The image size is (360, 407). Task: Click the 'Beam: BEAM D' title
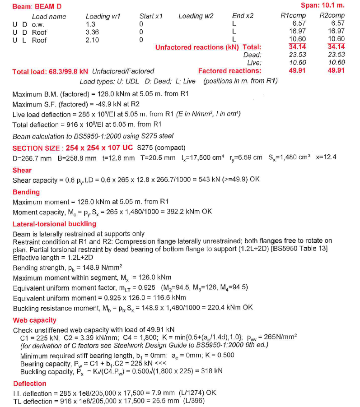point(37,6)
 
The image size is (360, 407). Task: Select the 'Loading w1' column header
point(103,16)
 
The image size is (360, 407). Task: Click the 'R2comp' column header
point(332,15)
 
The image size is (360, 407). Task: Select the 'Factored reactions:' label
point(229,71)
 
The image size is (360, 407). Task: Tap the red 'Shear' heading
point(22,170)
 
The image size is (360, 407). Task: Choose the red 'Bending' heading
point(26,192)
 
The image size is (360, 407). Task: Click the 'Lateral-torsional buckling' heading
point(54,224)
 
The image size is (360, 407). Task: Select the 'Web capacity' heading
point(34,320)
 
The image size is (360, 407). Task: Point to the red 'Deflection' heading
point(29,384)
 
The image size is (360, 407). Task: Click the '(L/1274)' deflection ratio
point(188,393)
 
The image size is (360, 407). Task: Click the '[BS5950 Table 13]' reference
point(300,249)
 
